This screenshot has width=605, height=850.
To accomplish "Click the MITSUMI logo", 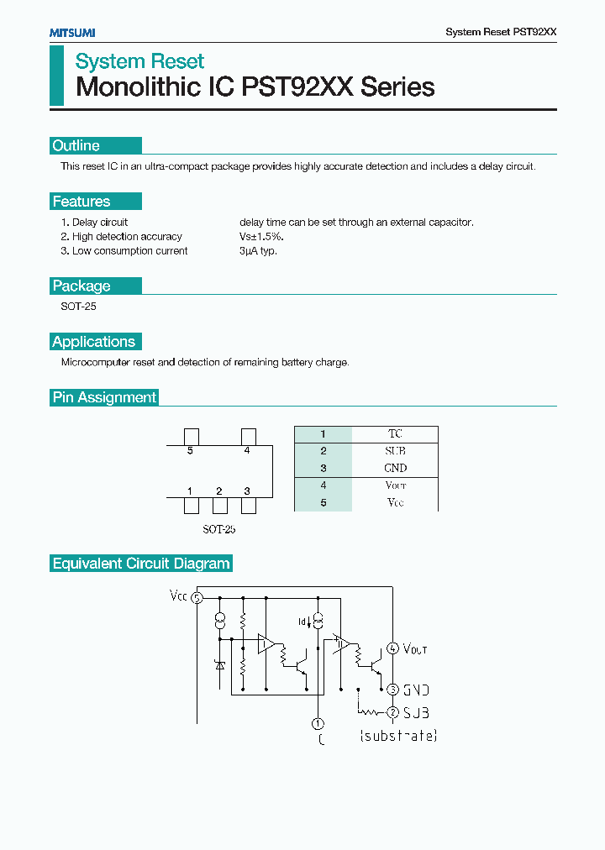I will click(71, 32).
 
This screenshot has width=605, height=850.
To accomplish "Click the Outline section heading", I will click(76, 145).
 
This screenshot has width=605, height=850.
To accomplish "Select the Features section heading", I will click(82, 202).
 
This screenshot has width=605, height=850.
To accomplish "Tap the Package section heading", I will click(82, 286).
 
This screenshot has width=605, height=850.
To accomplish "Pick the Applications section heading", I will click(93, 342).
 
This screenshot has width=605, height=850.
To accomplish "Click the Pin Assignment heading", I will click(104, 397).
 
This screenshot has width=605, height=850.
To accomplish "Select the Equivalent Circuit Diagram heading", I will click(141, 564).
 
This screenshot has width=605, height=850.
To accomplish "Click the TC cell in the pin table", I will click(395, 434).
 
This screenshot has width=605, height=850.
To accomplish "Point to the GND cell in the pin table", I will click(395, 468).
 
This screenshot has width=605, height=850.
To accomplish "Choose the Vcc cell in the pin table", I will click(395, 502).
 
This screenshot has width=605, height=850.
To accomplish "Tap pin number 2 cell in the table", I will click(323, 451).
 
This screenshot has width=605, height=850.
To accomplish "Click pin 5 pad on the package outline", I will click(191, 436).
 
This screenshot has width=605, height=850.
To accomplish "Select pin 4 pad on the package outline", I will click(248, 436).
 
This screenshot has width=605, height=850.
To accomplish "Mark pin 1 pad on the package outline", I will click(191, 506).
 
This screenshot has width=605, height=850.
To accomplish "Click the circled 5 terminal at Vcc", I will click(197, 598).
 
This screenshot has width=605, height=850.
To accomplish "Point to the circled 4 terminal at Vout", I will click(392, 648).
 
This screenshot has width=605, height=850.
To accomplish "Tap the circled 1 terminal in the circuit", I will click(318, 723).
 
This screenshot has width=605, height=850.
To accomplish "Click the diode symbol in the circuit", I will click(220, 665).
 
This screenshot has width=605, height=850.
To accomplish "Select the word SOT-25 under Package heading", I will click(78, 307).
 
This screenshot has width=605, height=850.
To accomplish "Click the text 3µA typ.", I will click(258, 250).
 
